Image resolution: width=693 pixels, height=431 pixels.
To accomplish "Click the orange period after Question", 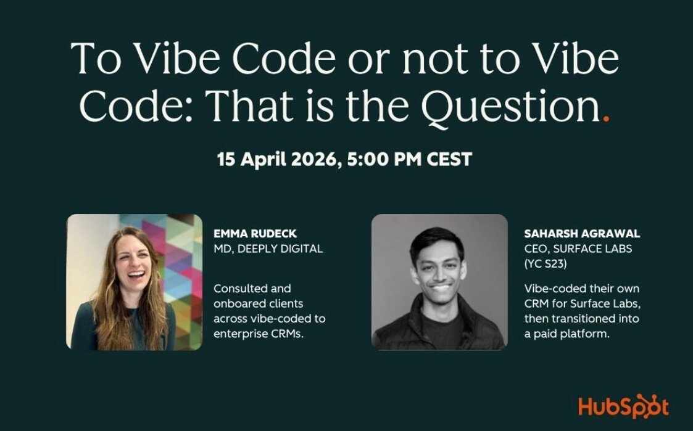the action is (606, 118).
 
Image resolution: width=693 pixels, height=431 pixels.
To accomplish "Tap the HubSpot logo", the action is (624, 406).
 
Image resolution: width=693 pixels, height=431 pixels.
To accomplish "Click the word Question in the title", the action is (510, 107).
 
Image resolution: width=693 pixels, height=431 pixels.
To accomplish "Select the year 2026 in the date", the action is (315, 160).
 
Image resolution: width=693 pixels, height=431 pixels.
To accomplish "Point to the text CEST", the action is (449, 160).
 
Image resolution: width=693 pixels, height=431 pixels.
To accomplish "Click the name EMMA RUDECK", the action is (255, 234).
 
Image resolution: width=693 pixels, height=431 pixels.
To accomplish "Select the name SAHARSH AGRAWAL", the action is (582, 234).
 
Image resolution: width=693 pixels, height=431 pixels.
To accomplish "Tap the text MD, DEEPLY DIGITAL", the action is (268, 249).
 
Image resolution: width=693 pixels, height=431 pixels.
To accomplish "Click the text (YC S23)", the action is (546, 264).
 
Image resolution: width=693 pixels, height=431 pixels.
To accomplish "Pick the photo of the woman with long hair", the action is (135, 282).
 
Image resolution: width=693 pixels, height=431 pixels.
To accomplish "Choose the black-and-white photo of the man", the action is (439, 282).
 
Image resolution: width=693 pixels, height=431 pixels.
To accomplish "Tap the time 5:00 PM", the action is (384, 160).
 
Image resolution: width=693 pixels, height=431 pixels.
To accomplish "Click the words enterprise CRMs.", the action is (259, 334).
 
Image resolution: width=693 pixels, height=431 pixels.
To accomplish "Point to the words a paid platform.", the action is (567, 334).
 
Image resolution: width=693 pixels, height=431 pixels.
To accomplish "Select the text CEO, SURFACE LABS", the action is (578, 249).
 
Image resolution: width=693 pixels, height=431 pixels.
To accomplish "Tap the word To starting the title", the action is (96, 59).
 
